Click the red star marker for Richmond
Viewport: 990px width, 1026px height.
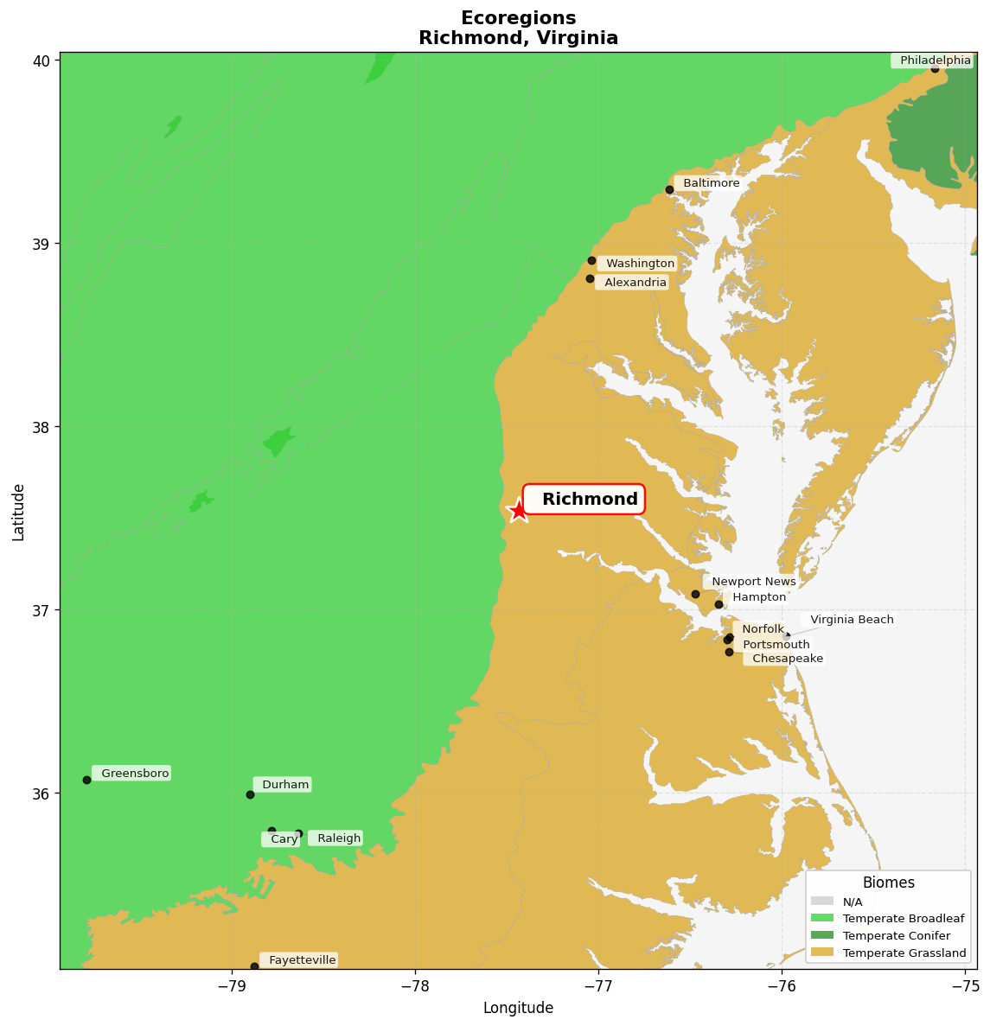(x=518, y=510)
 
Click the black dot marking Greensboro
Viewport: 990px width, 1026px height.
(x=86, y=780)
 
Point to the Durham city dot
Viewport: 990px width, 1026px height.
(x=250, y=794)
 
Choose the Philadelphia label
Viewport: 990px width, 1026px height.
(x=935, y=61)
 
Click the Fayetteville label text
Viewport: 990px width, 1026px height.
(x=302, y=960)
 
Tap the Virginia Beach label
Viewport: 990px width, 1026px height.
(x=852, y=620)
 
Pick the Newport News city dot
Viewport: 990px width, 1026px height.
(x=695, y=594)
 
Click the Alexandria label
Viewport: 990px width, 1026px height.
(x=635, y=283)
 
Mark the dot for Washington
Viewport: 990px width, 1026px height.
(x=591, y=260)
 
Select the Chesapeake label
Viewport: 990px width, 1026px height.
(x=787, y=659)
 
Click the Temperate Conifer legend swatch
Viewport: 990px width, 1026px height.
(x=822, y=935)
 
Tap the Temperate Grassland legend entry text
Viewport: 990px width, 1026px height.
(x=904, y=953)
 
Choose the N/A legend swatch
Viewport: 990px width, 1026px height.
(x=822, y=902)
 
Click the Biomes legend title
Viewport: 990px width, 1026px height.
(x=888, y=883)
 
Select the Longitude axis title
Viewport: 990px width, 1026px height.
(x=518, y=1008)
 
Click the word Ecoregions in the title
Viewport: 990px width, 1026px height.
(x=518, y=18)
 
